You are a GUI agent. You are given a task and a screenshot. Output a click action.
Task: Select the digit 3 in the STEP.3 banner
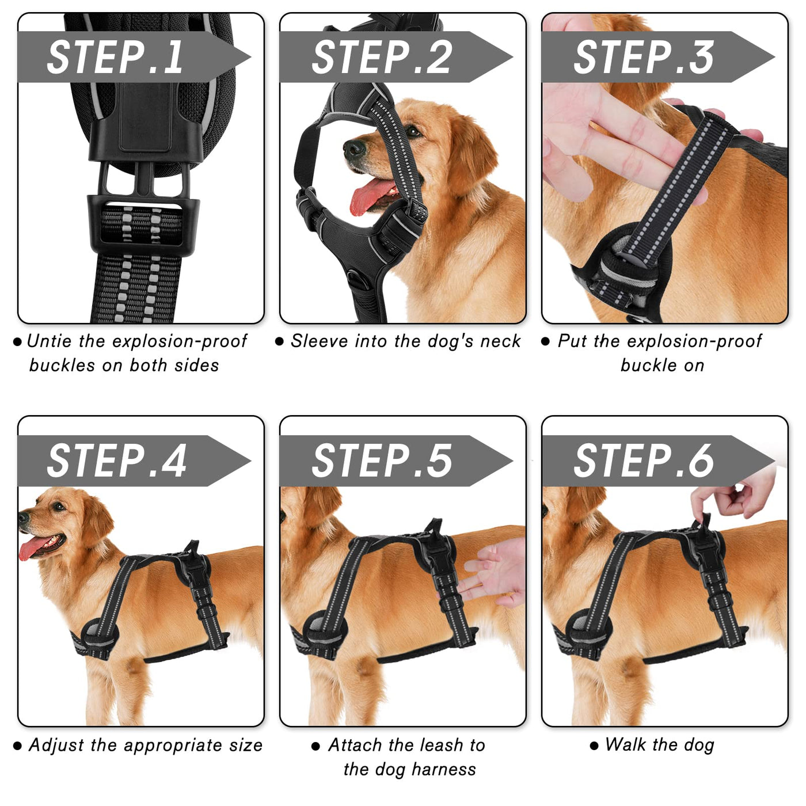(x=699, y=58)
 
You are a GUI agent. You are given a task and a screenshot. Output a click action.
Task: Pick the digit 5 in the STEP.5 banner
(x=438, y=461)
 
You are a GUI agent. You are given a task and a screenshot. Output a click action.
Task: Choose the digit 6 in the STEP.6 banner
(x=699, y=461)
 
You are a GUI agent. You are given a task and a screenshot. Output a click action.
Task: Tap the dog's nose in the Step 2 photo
(x=354, y=149)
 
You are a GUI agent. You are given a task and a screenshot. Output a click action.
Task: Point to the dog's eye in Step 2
(x=413, y=132)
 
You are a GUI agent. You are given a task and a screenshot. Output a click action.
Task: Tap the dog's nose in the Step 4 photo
(x=24, y=518)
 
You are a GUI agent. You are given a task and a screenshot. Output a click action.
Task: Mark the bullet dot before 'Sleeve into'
(x=279, y=342)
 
